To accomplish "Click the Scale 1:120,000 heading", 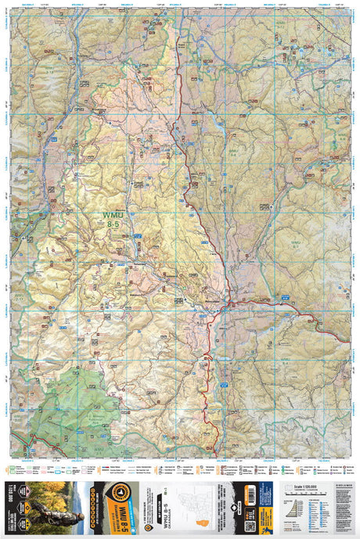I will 304,486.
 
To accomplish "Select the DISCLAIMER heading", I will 344,485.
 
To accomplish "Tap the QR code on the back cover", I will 250,526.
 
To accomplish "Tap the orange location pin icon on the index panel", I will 146,527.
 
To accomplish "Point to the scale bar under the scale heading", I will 304,492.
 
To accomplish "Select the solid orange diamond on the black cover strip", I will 27,506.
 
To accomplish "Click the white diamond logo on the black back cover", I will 236,505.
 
